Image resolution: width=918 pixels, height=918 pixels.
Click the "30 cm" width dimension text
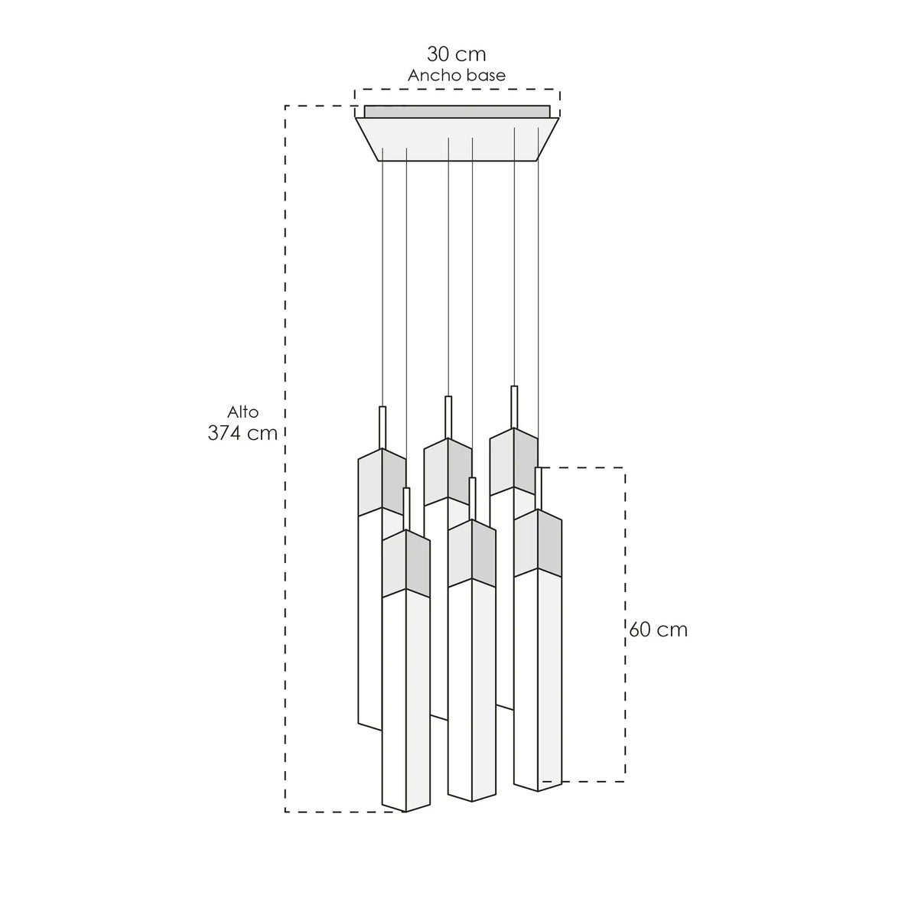pyautogui.click(x=456, y=54)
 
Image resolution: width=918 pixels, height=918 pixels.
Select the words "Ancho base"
pyautogui.click(x=457, y=76)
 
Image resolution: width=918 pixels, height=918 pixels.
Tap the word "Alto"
pyautogui.click(x=243, y=412)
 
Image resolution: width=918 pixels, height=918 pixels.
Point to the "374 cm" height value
pyautogui.click(x=243, y=433)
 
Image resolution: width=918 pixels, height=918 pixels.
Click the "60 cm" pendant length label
pyautogui.click(x=659, y=630)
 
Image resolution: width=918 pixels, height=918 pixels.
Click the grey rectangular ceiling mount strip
pyautogui.click(x=457, y=112)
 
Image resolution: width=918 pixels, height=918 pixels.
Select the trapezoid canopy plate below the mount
pyautogui.click(x=457, y=139)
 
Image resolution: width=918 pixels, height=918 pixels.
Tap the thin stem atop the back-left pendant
pyautogui.click(x=382, y=428)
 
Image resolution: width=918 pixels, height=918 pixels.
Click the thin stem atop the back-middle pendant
pyautogui.click(x=448, y=418)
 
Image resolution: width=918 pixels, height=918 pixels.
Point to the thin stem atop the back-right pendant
pyautogui.click(x=514, y=407)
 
